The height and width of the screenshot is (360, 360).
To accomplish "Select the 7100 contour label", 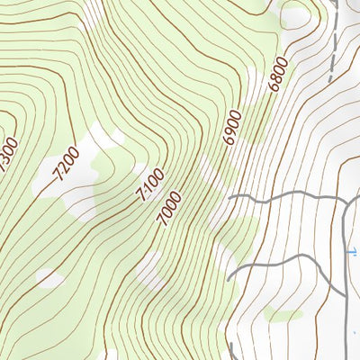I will (x=148, y=185).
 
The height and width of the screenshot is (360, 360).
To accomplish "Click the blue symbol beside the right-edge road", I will (x=352, y=252).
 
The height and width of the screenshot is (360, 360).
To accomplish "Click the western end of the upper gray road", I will (x=229, y=196).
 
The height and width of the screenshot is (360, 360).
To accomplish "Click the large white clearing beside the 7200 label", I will (x=81, y=171).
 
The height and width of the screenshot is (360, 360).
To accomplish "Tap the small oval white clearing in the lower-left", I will (x=50, y=279).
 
